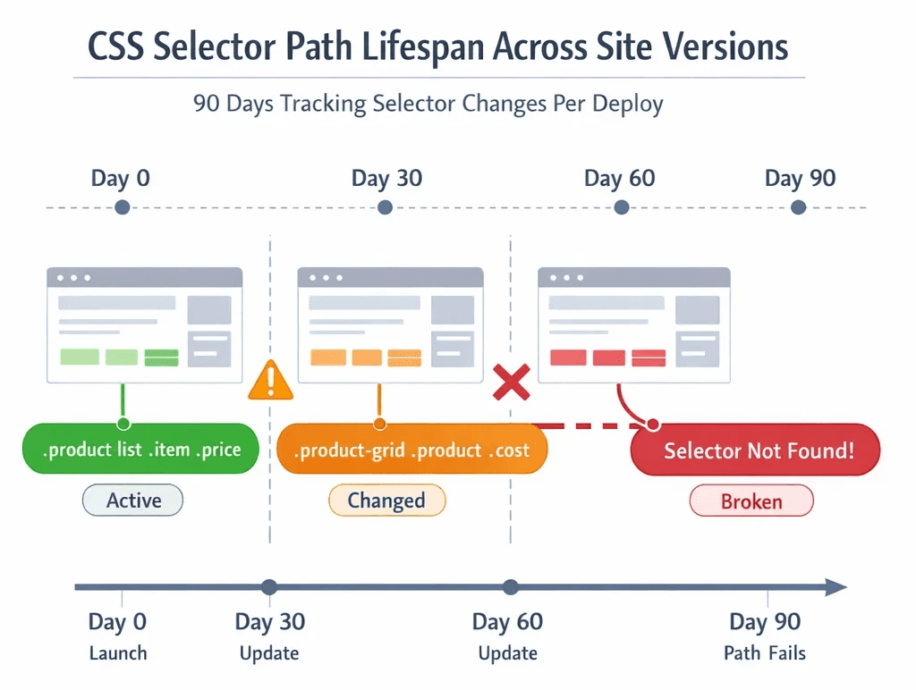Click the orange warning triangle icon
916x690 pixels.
(270, 381)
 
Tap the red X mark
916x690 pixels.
(512, 383)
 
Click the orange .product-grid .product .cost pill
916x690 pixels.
(411, 449)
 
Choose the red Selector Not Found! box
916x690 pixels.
(757, 450)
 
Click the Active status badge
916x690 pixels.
(132, 501)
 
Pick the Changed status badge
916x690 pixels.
(386, 501)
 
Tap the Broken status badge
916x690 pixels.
(751, 501)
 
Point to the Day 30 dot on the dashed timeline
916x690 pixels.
(385, 207)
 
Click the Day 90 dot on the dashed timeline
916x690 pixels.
(799, 207)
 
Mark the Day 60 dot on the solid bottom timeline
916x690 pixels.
(510, 587)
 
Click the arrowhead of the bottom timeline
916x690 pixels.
(835, 587)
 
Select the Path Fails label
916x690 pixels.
(764, 653)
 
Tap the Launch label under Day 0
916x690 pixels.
(118, 653)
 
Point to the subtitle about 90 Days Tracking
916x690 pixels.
(428, 104)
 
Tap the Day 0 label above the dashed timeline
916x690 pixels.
(121, 178)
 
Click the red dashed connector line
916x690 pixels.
(581, 425)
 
